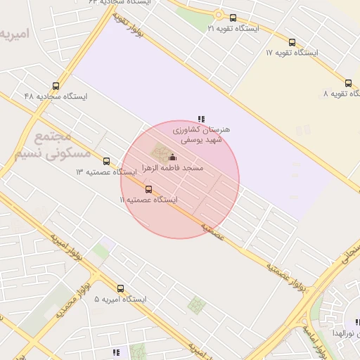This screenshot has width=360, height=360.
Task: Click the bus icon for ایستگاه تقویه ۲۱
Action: tap(233, 18)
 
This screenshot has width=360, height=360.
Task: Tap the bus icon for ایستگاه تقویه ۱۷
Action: tap(292, 42)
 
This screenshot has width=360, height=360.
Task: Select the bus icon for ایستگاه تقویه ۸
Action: tap(349, 82)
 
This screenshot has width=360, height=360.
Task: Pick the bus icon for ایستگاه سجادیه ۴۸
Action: tap(56, 86)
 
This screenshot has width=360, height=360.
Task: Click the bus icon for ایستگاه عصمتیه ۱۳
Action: tap(106, 161)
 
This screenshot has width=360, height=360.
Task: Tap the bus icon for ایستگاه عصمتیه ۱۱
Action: tap(148, 189)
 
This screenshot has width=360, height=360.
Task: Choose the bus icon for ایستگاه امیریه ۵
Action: tap(121, 288)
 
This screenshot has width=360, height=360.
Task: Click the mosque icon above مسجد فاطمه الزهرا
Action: tap(173, 157)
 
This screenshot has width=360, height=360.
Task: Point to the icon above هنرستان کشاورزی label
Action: tap(201, 119)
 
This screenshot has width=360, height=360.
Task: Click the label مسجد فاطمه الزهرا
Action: tap(173, 169)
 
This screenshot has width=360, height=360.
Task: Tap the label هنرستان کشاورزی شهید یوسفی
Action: tap(201, 135)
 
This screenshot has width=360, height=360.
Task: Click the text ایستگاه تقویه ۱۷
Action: tap(292, 53)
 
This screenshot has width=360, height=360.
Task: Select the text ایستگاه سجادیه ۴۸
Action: tap(56, 96)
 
